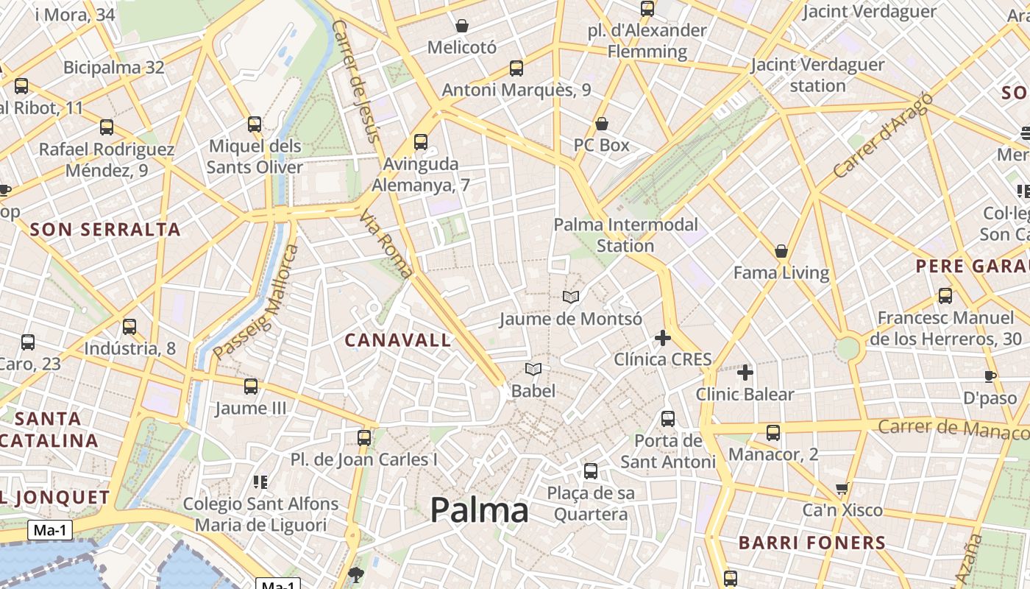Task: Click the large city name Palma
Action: [479, 510]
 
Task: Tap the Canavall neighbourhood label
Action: [397, 340]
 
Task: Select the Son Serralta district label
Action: [105, 230]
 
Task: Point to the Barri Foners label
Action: [811, 543]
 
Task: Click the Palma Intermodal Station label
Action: [625, 235]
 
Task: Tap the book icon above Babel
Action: [533, 369]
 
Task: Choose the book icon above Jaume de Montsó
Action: [571, 297]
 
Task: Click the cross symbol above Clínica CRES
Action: [663, 338]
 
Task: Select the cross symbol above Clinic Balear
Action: [745, 373]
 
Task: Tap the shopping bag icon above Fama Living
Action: [781, 252]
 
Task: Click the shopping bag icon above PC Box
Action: [602, 124]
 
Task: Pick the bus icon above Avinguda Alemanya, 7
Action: [421, 142]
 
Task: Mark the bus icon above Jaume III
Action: [251, 387]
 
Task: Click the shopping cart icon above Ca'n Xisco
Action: [842, 488]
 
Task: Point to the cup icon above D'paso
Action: [990, 377]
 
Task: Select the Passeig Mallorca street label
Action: [257, 302]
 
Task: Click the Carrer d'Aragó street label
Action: [882, 135]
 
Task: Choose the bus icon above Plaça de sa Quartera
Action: [591, 471]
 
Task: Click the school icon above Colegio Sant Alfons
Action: [260, 482]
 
